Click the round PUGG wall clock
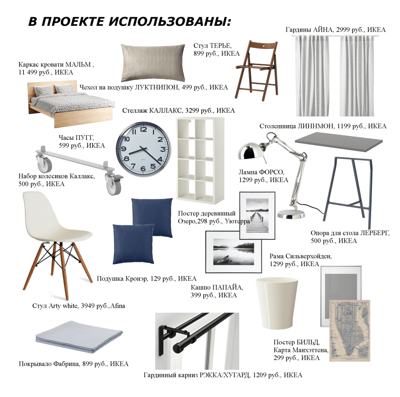pyautogui.click(x=143, y=149)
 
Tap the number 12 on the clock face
pyautogui.click(x=143, y=130)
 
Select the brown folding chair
pyautogui.click(x=257, y=70)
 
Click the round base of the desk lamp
pyautogui.click(x=291, y=214)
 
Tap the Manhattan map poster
pyautogui.click(x=349, y=331)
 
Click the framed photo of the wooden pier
pyautogui.click(x=257, y=215)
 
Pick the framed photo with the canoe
pyautogui.click(x=234, y=252)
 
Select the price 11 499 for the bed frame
pyautogui.click(x=29, y=72)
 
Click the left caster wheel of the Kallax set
pyautogui.click(x=45, y=164)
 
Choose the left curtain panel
pyautogui.click(x=312, y=75)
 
